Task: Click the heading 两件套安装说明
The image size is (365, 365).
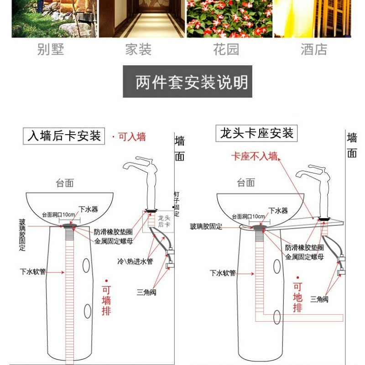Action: click(188, 83)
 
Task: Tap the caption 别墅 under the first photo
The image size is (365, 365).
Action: click(51, 49)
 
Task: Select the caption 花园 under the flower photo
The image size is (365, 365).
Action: click(226, 49)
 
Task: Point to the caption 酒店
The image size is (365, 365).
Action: click(314, 49)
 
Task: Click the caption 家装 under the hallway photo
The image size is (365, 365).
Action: click(138, 49)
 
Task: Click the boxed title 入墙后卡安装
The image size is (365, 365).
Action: click(64, 136)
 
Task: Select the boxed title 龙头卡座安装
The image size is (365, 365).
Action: click(257, 133)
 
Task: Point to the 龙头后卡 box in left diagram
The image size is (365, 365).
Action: click(163, 221)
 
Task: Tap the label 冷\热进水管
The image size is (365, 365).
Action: click(135, 261)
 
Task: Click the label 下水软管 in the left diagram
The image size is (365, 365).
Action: click(33, 271)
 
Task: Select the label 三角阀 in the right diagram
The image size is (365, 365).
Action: click(319, 299)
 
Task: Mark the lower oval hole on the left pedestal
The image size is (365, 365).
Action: click(87, 311)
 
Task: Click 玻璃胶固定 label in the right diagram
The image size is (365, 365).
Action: click(206, 227)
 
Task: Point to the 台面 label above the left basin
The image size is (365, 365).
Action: click(65, 183)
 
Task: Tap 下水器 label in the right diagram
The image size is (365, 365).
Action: click(278, 210)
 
